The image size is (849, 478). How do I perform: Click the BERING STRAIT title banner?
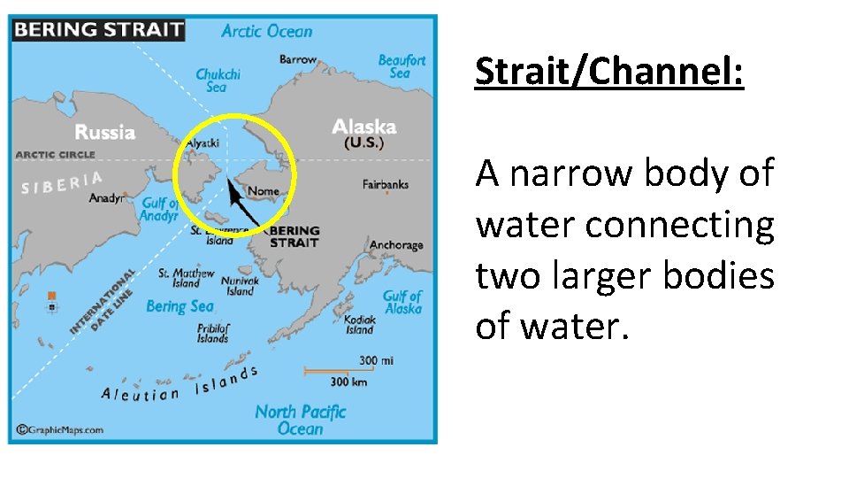coord(97,29)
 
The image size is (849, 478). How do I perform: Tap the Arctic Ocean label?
coord(266,31)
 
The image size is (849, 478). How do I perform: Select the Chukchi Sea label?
coord(218,81)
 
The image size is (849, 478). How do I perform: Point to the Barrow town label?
coord(297,60)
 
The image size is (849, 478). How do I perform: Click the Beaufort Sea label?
coord(402,66)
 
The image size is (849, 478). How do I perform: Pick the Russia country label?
coord(104,133)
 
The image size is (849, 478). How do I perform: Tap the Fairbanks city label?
coord(386,184)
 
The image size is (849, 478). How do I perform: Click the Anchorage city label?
coord(396,245)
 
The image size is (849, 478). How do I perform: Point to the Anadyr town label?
coord(107,198)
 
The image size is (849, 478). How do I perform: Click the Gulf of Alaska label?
coord(402,302)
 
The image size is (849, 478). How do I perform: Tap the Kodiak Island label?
coord(360,325)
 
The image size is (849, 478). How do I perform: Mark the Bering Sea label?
coord(180,306)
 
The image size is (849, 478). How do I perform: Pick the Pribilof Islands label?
coord(213,333)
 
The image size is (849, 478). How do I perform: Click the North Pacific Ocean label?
coord(300,420)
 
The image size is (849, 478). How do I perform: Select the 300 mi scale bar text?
coord(376,360)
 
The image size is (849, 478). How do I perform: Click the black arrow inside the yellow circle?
coord(242,203)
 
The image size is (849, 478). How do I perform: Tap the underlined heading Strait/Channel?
coord(609,72)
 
